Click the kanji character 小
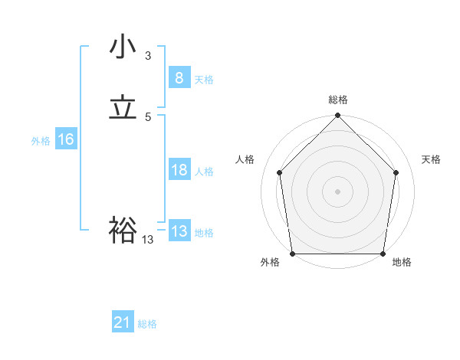123,47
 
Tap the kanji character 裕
123,230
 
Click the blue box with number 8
179,78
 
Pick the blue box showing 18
179,170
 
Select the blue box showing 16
65,139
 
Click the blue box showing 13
179,231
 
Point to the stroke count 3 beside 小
148,56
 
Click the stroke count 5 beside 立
148,117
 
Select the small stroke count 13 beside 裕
148,240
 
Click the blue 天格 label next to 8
204,80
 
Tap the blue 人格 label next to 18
204,172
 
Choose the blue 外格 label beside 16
41,141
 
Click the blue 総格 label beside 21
147,325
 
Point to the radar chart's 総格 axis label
337,100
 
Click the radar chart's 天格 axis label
432,159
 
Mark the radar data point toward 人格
279,172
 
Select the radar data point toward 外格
292,254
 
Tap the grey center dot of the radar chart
337,191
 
